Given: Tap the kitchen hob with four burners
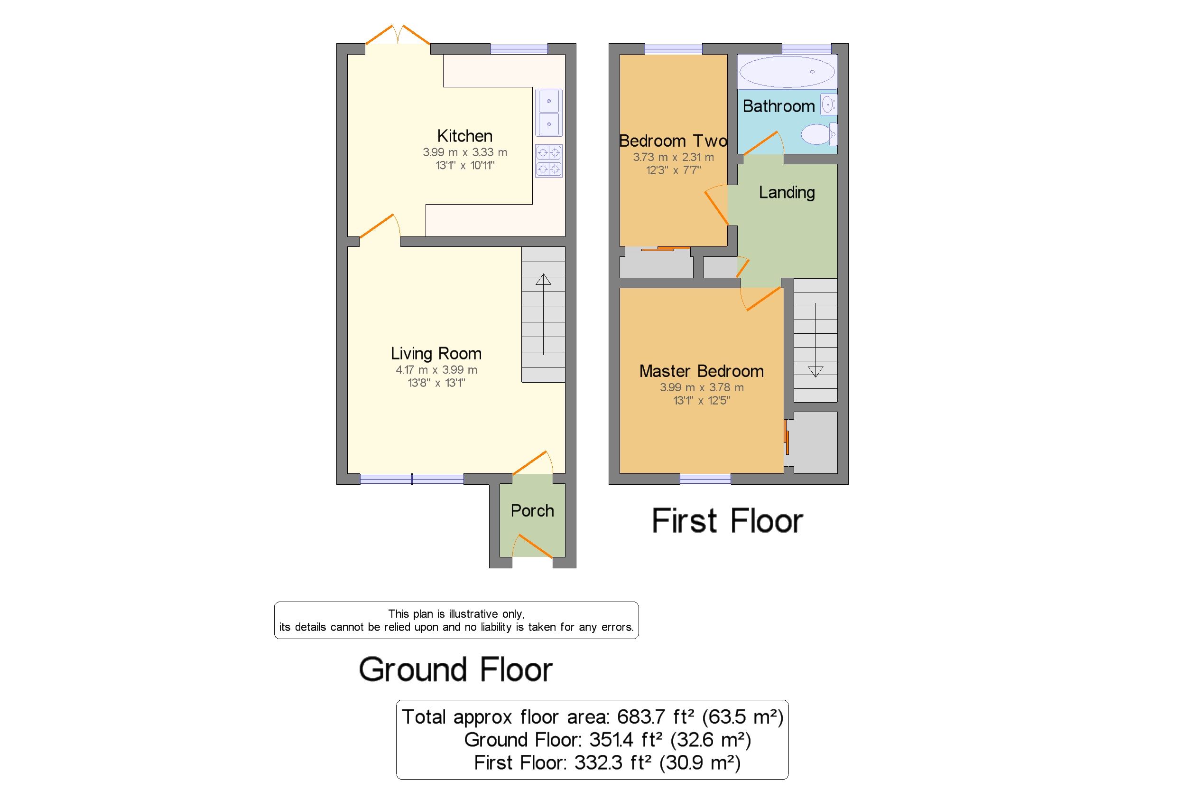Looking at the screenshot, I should (548, 160).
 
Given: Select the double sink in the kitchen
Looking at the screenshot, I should (548, 113).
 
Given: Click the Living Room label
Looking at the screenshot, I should (435, 353).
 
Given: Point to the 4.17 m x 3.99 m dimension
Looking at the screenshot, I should (435, 370).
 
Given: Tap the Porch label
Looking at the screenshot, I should (531, 510).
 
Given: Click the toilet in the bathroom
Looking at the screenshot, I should (816, 134).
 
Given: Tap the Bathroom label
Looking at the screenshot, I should (778, 106).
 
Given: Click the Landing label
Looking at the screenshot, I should (786, 192).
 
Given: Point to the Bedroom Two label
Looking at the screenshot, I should (672, 141).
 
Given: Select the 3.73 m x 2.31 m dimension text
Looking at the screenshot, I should (672, 157).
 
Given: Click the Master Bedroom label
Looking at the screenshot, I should (701, 371).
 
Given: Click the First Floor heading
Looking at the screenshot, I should (726, 521).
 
